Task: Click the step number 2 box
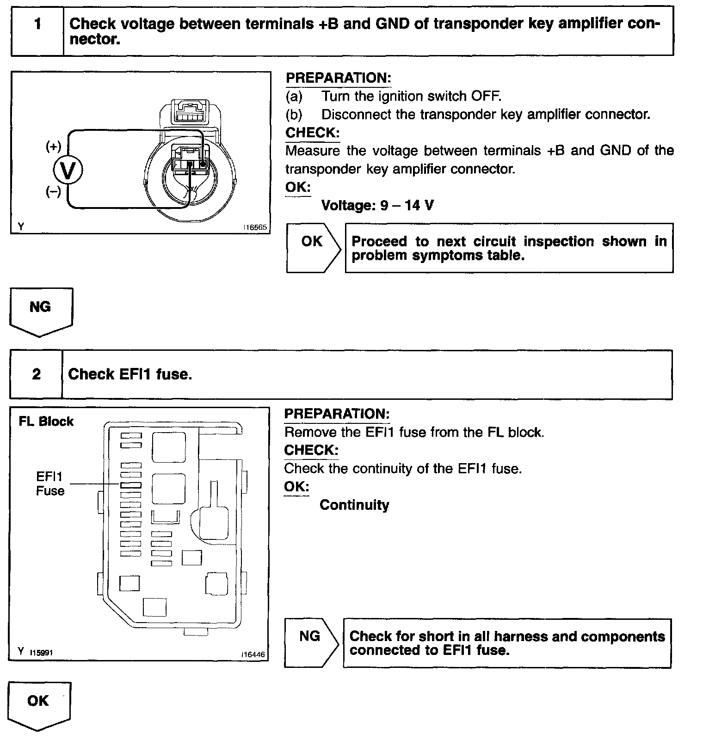tap(36, 374)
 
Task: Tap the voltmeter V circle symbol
tap(68, 171)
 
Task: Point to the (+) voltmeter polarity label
tap(53, 147)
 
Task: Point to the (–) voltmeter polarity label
tap(53, 191)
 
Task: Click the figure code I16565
tap(255, 228)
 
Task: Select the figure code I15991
tap(41, 652)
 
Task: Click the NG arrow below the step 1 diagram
tap(41, 311)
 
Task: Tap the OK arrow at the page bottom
tap(39, 705)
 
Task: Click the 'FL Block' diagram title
tap(46, 422)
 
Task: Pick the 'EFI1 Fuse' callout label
tap(50, 483)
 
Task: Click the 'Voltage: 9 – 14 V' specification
tap(377, 205)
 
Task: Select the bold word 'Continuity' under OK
tap(354, 505)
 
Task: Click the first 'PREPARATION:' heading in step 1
tap(338, 78)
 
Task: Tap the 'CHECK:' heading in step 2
tap(311, 450)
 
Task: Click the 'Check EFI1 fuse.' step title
tap(130, 374)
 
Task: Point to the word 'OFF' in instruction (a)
tap(486, 96)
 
